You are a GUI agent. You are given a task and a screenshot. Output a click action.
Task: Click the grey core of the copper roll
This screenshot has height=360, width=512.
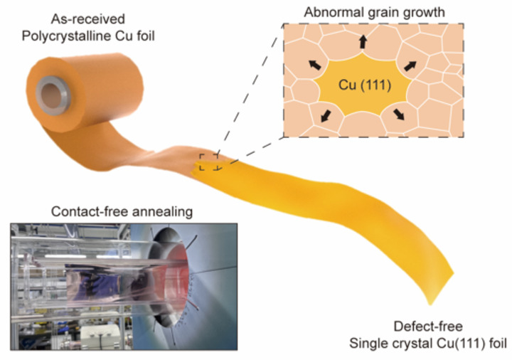pos(53,95)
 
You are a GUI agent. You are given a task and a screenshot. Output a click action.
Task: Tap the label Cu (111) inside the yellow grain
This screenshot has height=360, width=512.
pos(365,85)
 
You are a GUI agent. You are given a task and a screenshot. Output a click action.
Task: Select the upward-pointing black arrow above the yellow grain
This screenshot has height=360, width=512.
pos(363,42)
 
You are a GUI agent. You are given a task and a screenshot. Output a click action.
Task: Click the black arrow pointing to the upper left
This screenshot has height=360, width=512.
pos(315,65)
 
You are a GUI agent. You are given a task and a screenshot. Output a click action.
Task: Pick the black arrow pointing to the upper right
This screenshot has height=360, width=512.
pos(410,65)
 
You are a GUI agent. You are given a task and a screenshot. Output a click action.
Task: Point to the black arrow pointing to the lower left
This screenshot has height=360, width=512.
pos(326,116)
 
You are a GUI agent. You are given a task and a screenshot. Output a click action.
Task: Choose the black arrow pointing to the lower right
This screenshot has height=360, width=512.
pos(399,115)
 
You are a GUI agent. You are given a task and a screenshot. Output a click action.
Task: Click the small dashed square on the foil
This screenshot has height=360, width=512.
pos(208,162)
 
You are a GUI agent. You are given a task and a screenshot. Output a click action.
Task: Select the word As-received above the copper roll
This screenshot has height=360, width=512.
pos(88,19)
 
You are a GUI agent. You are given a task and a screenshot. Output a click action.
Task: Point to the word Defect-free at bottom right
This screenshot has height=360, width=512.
pos(428,326)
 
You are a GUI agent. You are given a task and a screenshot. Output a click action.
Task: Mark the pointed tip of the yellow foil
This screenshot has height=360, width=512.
pos(431,305)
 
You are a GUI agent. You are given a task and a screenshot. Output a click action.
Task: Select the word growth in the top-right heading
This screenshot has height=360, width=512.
pos(424,13)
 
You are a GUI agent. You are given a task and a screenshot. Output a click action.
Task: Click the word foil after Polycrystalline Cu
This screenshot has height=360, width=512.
pos(146,36)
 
